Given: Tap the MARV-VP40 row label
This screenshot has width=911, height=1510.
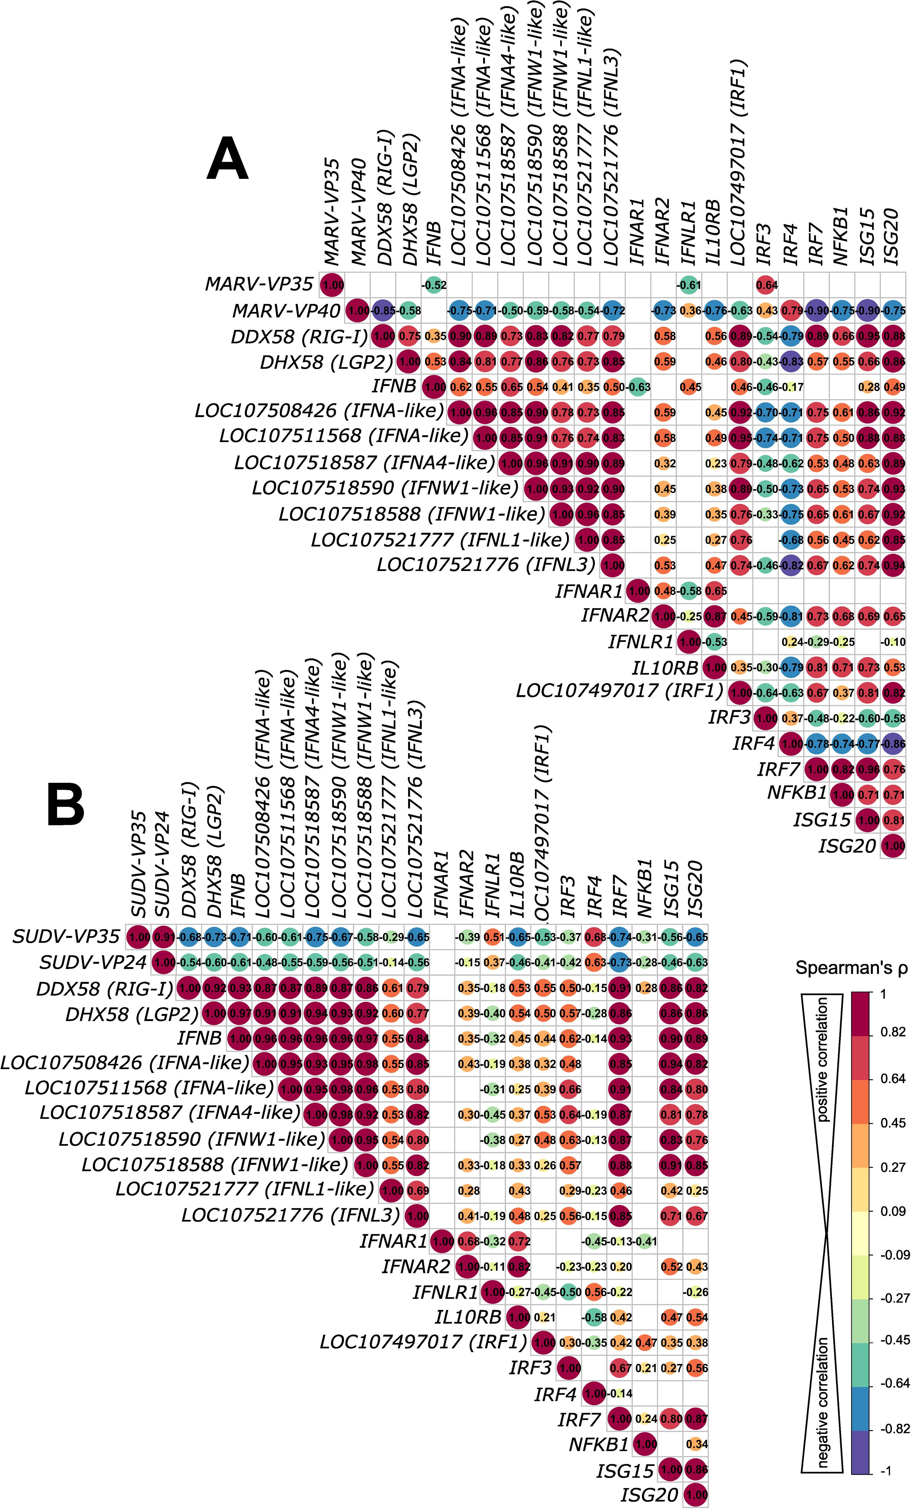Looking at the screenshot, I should click(x=286, y=311).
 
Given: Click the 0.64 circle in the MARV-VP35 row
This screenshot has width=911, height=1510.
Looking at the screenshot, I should click(x=766, y=285).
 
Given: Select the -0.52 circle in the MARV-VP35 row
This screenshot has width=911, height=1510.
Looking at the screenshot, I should click(x=433, y=285).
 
